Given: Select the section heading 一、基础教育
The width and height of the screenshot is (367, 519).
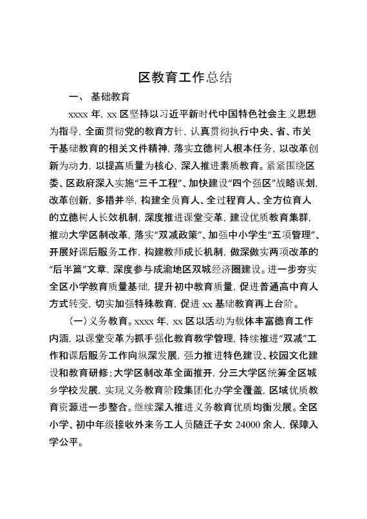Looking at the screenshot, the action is [x=99, y=98].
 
